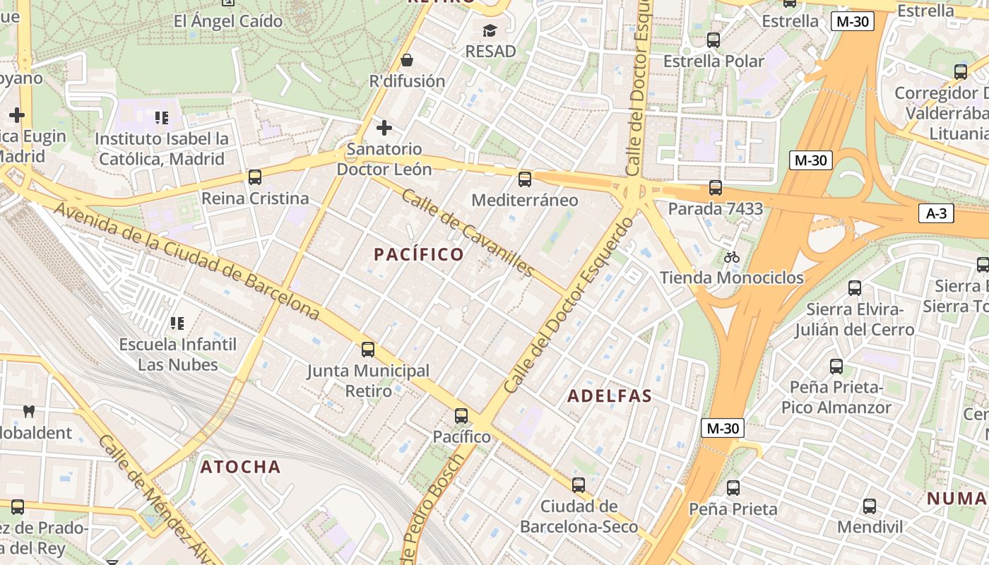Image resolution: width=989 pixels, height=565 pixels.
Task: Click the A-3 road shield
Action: point(936,213)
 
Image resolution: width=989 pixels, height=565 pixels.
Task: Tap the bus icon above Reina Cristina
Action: point(254,177)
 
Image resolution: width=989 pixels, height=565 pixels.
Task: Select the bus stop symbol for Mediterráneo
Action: point(524,179)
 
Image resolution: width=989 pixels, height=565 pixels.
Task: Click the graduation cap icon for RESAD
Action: point(490,30)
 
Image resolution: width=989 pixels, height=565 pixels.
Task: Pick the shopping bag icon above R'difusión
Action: point(407,60)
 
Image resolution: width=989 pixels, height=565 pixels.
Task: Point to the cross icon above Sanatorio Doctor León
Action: point(384,128)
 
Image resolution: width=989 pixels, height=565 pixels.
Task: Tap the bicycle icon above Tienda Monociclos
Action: point(732,257)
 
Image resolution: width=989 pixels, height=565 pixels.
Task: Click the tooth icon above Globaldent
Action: point(29,411)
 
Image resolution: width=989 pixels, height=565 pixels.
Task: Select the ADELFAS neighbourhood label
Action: point(610,396)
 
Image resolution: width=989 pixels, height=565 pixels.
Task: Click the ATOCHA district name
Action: point(240,467)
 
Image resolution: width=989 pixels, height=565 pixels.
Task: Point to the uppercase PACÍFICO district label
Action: point(419,254)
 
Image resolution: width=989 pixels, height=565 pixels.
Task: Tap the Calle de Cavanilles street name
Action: point(467,232)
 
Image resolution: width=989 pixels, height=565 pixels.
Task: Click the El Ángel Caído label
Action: point(228,20)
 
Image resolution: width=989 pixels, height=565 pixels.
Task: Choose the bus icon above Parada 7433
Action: point(716,188)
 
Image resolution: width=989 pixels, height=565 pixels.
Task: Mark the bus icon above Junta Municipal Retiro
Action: point(367,350)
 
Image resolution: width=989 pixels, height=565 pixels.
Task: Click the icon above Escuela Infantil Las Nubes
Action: point(177,323)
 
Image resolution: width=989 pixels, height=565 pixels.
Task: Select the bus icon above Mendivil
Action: point(870,506)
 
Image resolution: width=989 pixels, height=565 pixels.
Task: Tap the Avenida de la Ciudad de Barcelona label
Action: point(186,261)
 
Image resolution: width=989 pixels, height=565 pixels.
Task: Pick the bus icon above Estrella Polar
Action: point(713,40)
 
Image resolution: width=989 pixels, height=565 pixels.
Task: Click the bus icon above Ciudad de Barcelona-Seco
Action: point(579,485)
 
